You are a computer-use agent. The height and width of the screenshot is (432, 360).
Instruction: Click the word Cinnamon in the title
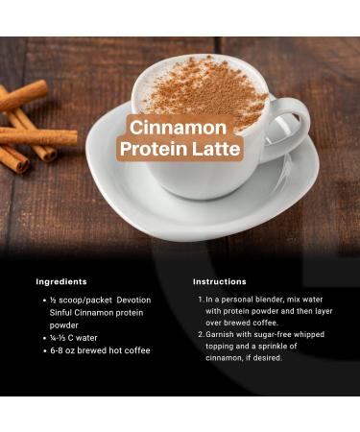click(180, 128)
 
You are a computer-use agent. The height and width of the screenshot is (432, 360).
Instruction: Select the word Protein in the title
click(154, 151)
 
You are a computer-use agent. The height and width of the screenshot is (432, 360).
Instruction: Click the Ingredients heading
click(61, 281)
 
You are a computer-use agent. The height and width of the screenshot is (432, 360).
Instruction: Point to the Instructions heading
click(220, 281)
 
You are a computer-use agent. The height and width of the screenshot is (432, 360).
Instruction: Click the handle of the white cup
click(288, 120)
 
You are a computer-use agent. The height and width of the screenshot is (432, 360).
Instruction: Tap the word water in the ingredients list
click(86, 338)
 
